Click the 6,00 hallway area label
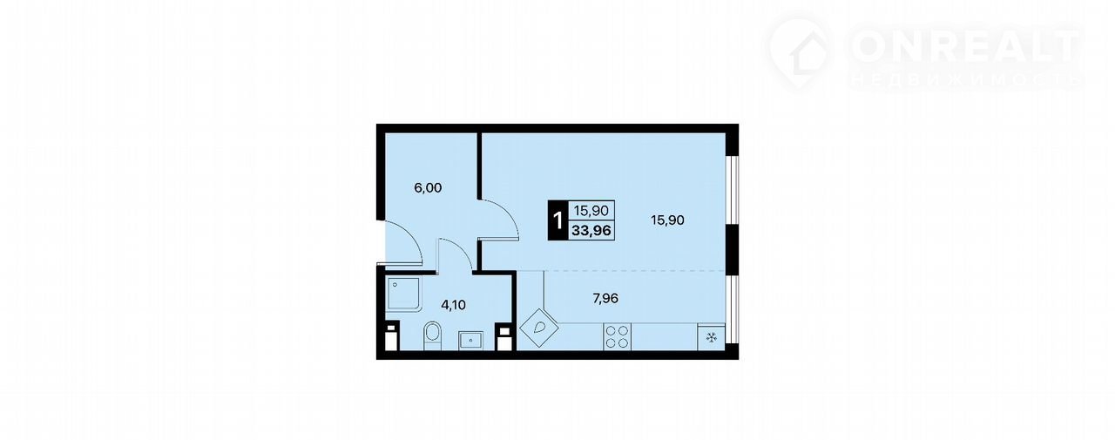pos(428,188)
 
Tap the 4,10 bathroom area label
pos(454,305)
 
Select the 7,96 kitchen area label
pos(605,299)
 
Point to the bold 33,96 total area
pos(591,230)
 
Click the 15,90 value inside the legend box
pos(591,211)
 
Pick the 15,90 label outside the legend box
pos(667,220)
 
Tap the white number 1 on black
pos(558,220)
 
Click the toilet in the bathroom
pos(433,336)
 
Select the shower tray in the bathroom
pos(403,294)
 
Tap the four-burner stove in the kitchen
pos(618,336)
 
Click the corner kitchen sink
pos(539,328)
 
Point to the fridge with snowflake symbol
pos(712,337)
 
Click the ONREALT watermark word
pos(966,46)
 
